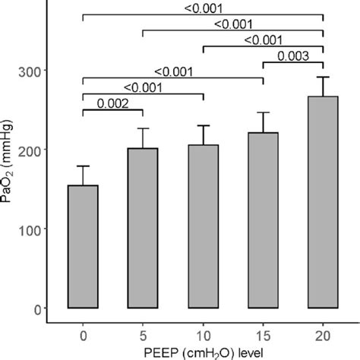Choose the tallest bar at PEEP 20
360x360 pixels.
pyautogui.click(x=323, y=202)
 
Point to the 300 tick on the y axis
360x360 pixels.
pyautogui.click(x=35, y=71)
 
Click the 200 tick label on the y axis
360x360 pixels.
pyautogui.click(x=35, y=150)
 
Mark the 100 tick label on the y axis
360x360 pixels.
pyautogui.click(x=35, y=229)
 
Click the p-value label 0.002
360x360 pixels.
pyautogui.click(x=112, y=105)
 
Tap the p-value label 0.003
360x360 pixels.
pyautogui.click(x=293, y=55)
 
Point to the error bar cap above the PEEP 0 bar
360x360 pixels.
pyautogui.click(x=83, y=166)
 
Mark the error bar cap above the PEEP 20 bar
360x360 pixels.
pyautogui.click(x=323, y=77)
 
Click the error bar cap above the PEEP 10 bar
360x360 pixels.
pyautogui.click(x=203, y=125)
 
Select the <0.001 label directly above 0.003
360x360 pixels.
pyautogui.click(x=263, y=40)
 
